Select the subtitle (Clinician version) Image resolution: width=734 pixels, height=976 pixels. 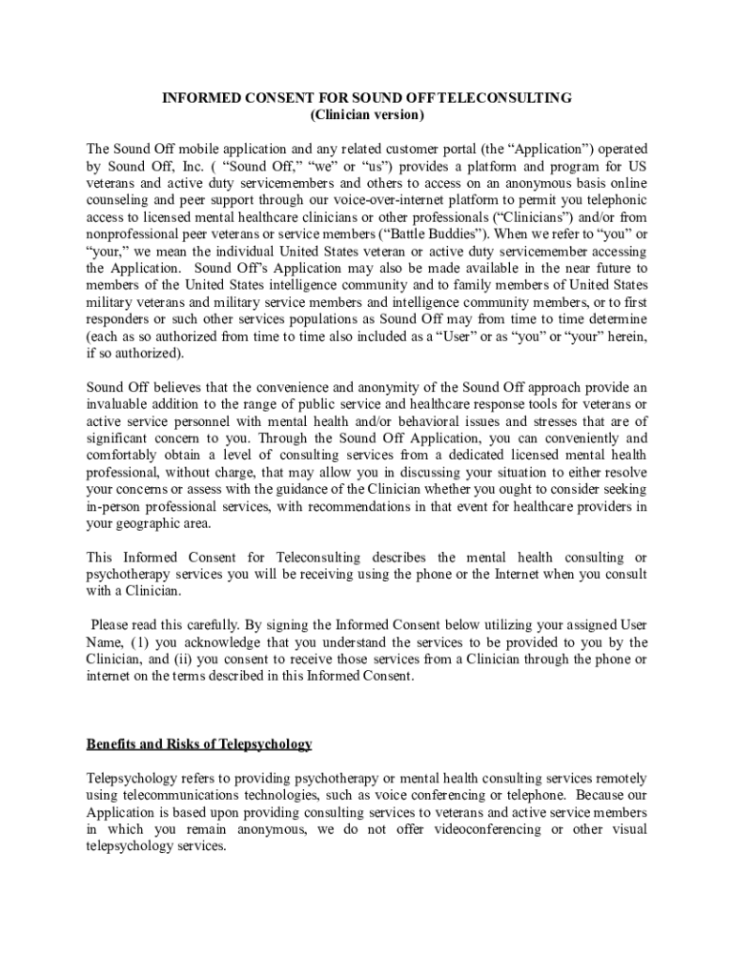(367, 115)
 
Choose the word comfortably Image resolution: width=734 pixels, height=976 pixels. (121, 456)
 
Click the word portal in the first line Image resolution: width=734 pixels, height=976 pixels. (470, 150)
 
